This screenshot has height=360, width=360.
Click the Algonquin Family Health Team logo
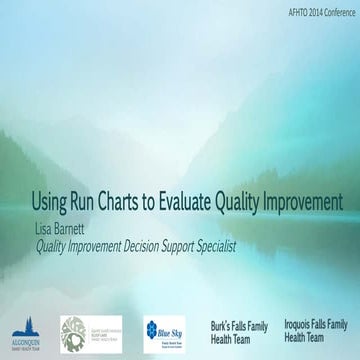(x=25, y=332)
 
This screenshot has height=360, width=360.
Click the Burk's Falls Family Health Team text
(x=239, y=331)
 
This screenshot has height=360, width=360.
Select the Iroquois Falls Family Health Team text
(x=315, y=331)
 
